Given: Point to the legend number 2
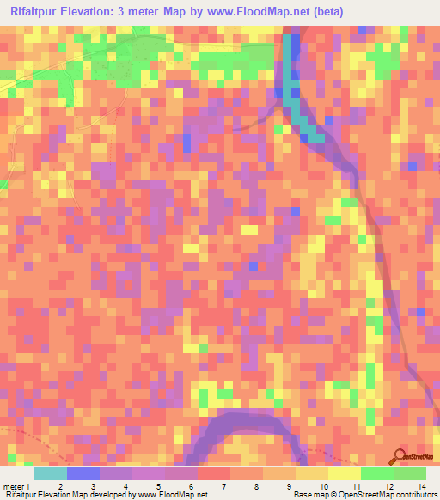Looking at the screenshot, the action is pos(59,485).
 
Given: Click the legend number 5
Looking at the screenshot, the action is pos(158,485).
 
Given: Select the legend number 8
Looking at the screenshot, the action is pos(255,485).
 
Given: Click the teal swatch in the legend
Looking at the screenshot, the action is pos(51,473).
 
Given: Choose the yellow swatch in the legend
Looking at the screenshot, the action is pos(344,473).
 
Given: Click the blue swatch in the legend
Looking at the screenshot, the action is pos(83,473).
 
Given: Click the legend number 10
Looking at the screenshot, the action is pos(320,485).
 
